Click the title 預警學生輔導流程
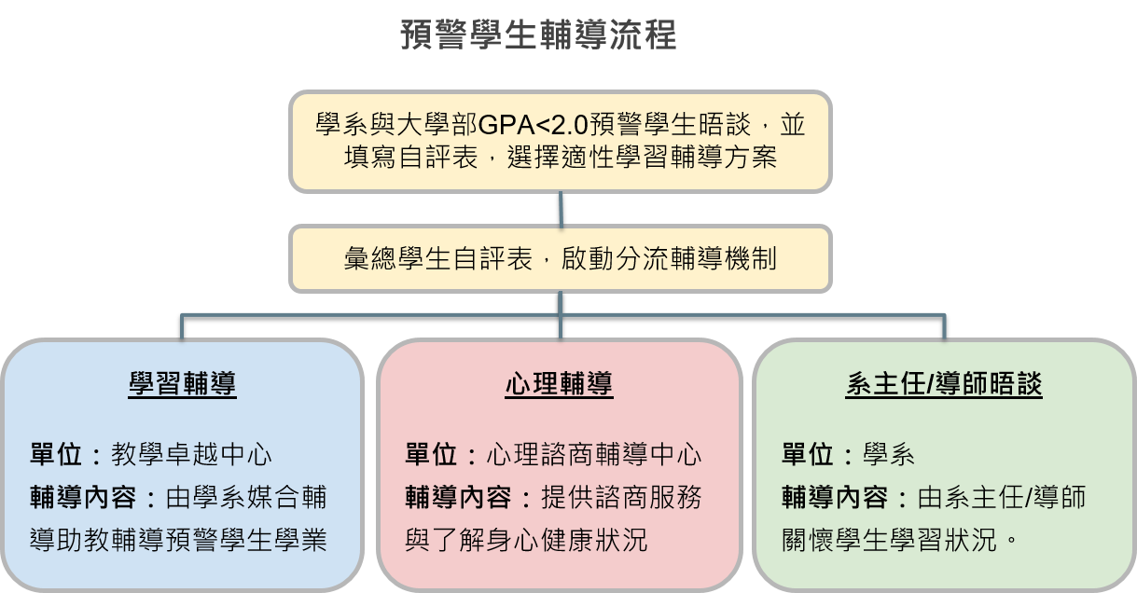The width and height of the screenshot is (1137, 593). pyautogui.click(x=537, y=35)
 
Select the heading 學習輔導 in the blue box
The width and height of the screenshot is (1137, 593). pyautogui.click(x=183, y=384)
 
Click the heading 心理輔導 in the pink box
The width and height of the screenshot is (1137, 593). pyautogui.click(x=559, y=384)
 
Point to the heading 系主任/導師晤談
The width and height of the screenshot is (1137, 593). pyautogui.click(x=943, y=384)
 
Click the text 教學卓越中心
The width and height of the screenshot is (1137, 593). pyautogui.click(x=192, y=455)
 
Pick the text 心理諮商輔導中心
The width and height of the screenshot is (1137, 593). pyautogui.click(x=594, y=455)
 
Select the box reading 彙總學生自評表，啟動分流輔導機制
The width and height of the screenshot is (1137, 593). pyautogui.click(x=560, y=258)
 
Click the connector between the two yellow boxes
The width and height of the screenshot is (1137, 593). pyautogui.click(x=560, y=209)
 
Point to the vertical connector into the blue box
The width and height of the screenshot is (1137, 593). pyautogui.click(x=183, y=326)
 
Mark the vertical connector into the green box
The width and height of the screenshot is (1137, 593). pyautogui.click(x=943, y=326)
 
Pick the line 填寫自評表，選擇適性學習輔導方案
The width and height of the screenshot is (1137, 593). pyautogui.click(x=560, y=157)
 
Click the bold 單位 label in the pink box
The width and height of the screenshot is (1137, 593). pyautogui.click(x=431, y=455)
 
